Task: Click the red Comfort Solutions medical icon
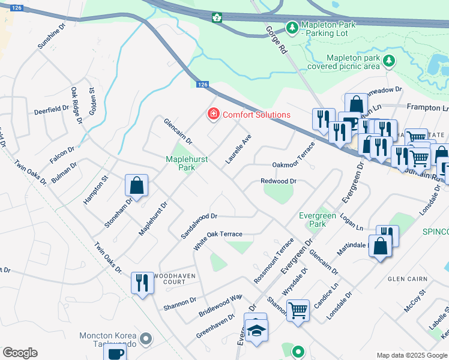coord(212,114)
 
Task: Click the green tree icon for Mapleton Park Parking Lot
coord(292,28)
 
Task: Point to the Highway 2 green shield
coord(215,17)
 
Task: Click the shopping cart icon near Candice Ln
coord(298,311)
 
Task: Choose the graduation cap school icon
coord(256,331)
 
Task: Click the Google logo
coord(20,353)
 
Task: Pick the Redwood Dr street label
coord(279,181)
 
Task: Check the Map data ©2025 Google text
coord(411,355)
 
